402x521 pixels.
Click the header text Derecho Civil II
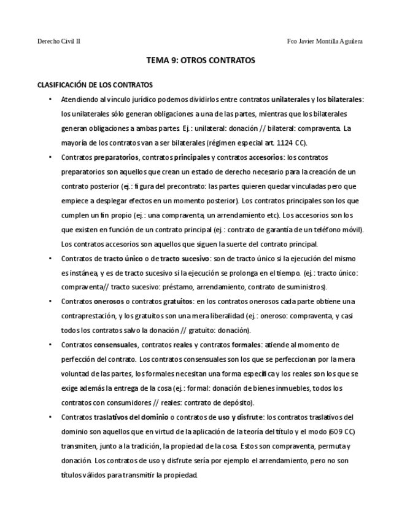click(x=59, y=41)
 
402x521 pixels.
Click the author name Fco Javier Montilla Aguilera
click(x=325, y=41)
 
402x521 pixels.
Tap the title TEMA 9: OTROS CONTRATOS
click(x=201, y=61)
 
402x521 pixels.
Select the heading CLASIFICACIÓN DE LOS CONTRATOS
click(x=95, y=84)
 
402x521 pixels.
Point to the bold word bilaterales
click(x=345, y=99)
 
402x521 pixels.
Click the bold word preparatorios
click(x=117, y=157)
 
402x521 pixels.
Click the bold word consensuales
click(x=115, y=345)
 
